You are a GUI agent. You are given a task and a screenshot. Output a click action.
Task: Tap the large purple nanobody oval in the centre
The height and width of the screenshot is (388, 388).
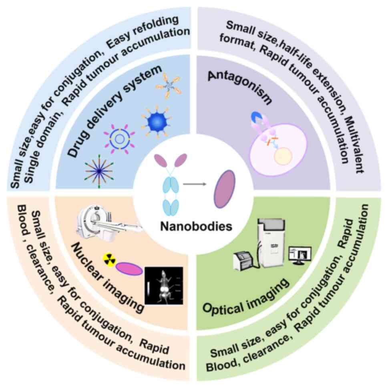pos(225,189)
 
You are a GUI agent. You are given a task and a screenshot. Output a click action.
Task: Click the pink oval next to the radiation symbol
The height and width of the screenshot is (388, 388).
pos(129,269)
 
